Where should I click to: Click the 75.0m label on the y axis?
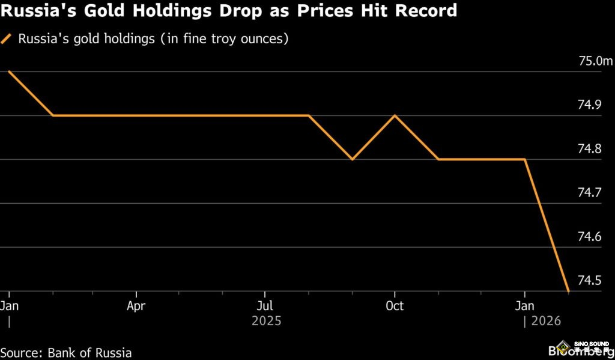click(596, 61)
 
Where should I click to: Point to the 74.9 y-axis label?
click(589, 105)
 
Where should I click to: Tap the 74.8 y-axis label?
click(589, 149)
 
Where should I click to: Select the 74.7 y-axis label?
click(589, 193)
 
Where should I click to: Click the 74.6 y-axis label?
click(589, 237)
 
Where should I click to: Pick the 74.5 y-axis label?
click(589, 281)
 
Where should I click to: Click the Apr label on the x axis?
click(136, 306)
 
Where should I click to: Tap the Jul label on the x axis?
click(266, 306)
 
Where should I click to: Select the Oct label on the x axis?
click(395, 306)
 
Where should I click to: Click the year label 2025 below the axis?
click(266, 322)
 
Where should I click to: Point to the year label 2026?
click(545, 322)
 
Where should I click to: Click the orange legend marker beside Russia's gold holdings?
click(7, 40)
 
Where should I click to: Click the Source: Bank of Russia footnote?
click(66, 353)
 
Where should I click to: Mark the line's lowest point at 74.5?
click(568, 291)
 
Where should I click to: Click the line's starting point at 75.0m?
click(9, 72)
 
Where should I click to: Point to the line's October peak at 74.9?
click(395, 115)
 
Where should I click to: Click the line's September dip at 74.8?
click(352, 159)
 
